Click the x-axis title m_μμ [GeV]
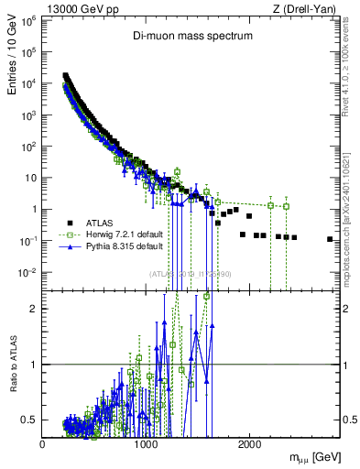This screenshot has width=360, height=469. click(310, 456)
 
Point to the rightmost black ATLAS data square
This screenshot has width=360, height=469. click(330, 239)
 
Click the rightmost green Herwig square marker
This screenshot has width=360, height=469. click(287, 206)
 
